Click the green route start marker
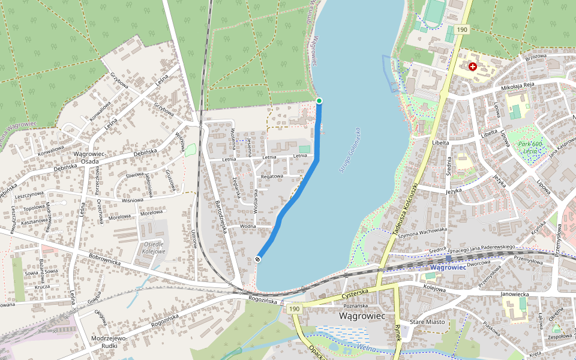point(319,100)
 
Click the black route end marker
point(258,259)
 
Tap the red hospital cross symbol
point(473,67)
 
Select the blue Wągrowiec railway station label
point(448,267)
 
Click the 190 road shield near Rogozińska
point(293,308)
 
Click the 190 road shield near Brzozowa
point(461,29)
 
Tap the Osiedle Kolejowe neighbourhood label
point(154,247)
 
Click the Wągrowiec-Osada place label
point(90,157)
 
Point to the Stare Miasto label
point(427,322)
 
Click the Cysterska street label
point(354,293)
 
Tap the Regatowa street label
point(272,176)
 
